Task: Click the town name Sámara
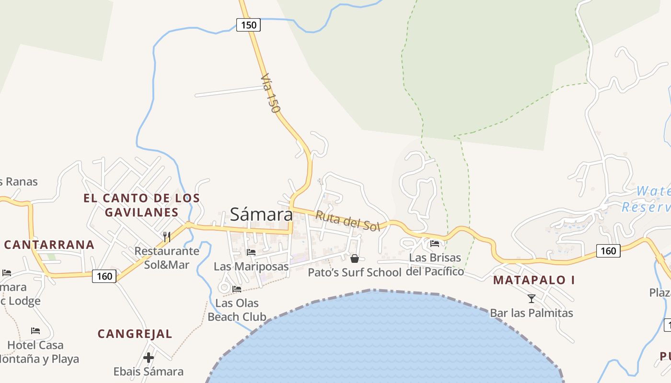coord(261,214)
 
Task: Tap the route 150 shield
coord(248,24)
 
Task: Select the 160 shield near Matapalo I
coord(608,250)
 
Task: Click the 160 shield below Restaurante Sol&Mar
coord(104,276)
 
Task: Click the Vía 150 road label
coord(270,93)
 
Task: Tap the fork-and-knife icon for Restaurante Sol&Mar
coord(167,237)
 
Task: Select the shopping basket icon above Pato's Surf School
coord(355,259)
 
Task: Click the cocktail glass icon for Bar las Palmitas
coord(532,299)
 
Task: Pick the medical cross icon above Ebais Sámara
coord(149,357)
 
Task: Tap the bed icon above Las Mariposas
coord(251,252)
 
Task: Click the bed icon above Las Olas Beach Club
coord(237,289)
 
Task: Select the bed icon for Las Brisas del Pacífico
coord(435,243)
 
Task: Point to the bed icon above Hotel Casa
coord(35,330)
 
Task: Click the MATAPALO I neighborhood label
coord(534,280)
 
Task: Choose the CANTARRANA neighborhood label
coord(49,245)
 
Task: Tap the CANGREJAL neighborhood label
coord(135,334)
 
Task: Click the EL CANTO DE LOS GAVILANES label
coord(141,205)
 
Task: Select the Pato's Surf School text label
coord(354,272)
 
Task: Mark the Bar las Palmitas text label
coord(532,313)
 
